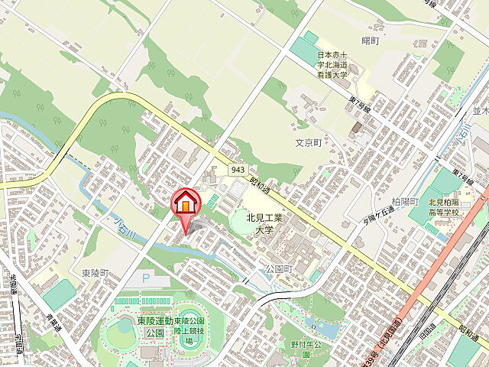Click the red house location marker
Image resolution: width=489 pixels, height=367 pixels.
184,204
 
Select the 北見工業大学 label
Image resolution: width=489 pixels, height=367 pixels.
264,223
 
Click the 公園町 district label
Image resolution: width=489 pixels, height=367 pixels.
279,269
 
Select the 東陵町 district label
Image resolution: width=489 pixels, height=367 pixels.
96,272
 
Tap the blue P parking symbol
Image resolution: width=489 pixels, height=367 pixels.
146,281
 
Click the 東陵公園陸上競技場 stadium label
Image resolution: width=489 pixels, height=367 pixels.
190,331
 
